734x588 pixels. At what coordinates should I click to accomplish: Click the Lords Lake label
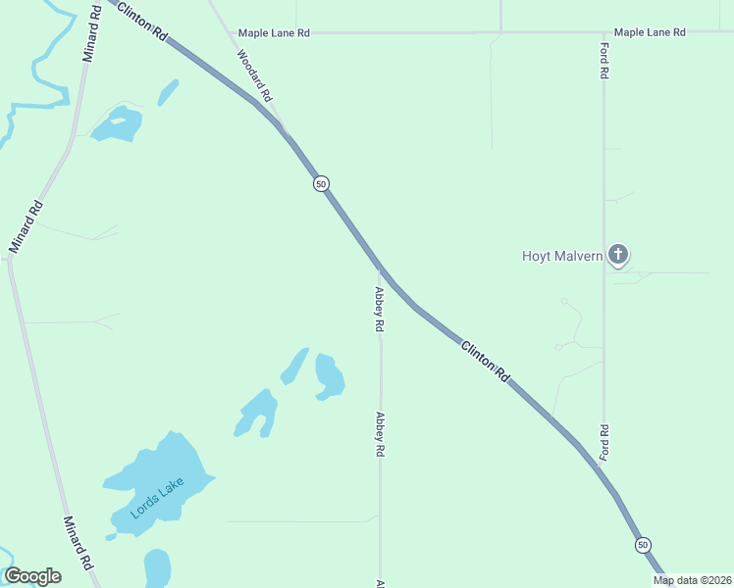point(157,498)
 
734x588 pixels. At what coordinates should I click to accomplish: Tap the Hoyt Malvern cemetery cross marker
point(617,256)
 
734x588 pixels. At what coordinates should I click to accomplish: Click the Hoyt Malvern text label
point(561,257)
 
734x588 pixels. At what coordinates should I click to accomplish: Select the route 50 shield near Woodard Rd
point(321,183)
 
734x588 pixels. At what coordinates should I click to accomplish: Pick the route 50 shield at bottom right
point(643,544)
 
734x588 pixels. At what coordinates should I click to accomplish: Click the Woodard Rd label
point(254,74)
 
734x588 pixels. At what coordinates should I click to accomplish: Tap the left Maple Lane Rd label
point(274,32)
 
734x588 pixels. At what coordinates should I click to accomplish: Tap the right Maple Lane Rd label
point(650,32)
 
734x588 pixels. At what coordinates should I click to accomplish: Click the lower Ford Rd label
point(604,442)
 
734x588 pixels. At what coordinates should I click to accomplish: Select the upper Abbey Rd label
point(379,309)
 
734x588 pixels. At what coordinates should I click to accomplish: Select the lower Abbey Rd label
point(379,434)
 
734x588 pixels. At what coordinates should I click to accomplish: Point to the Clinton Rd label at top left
point(143,20)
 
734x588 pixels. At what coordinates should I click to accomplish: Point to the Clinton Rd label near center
point(486,360)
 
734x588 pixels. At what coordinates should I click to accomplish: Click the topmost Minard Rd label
point(92,34)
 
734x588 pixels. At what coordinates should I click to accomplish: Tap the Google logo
point(32,575)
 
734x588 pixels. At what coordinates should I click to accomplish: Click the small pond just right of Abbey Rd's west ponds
point(329,376)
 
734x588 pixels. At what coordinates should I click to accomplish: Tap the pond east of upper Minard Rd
point(119,124)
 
